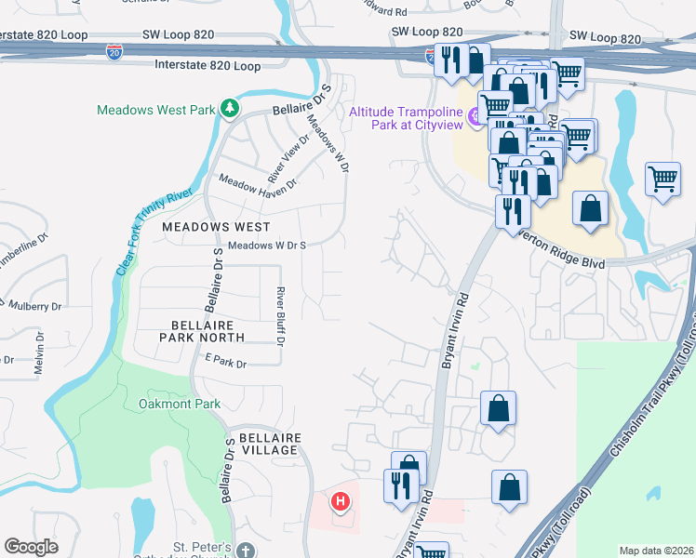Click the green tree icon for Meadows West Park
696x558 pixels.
[230, 110]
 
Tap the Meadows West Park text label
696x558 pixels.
[156, 110]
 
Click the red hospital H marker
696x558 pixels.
[341, 503]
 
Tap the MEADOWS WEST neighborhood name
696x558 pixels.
[216, 226]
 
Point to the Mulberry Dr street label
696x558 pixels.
[34, 305]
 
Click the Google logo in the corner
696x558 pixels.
[31, 547]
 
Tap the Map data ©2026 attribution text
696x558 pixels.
[655, 551]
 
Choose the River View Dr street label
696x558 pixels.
[288, 158]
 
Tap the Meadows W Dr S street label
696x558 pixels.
[267, 246]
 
